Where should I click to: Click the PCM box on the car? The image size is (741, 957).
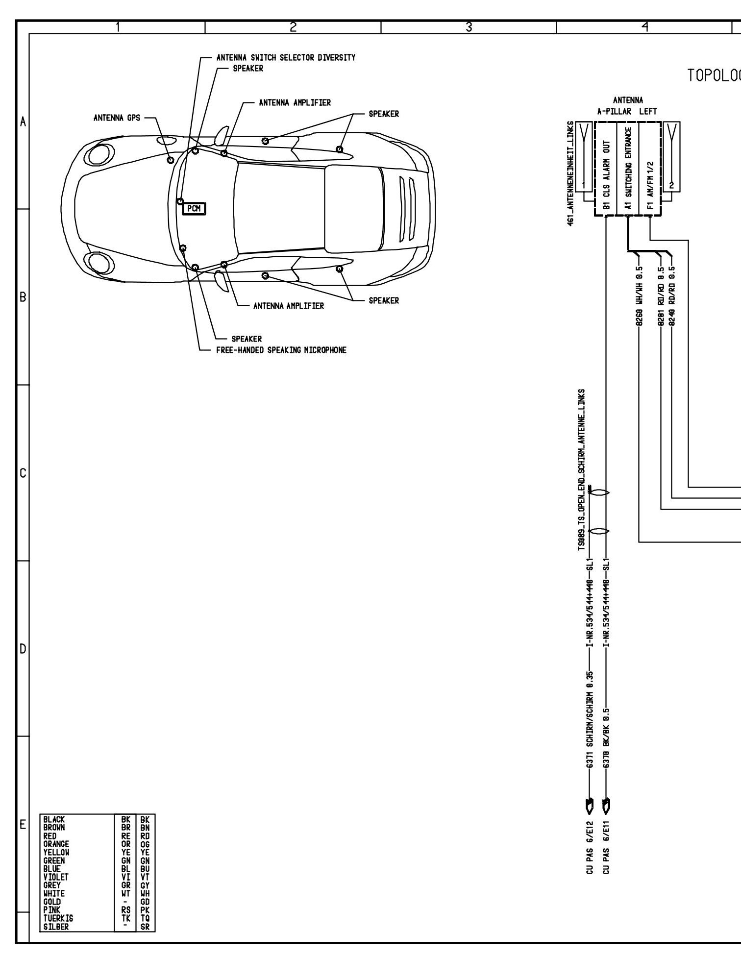pos(194,209)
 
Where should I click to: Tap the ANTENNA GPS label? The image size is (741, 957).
pos(117,118)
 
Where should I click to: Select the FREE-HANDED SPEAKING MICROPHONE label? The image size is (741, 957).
pos(281,350)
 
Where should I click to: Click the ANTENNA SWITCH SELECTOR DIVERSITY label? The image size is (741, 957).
pos(286,58)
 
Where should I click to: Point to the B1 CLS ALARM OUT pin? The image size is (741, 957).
pos(607,174)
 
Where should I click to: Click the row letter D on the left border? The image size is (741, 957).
pos(23,650)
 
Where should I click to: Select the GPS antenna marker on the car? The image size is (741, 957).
pos(171,160)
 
